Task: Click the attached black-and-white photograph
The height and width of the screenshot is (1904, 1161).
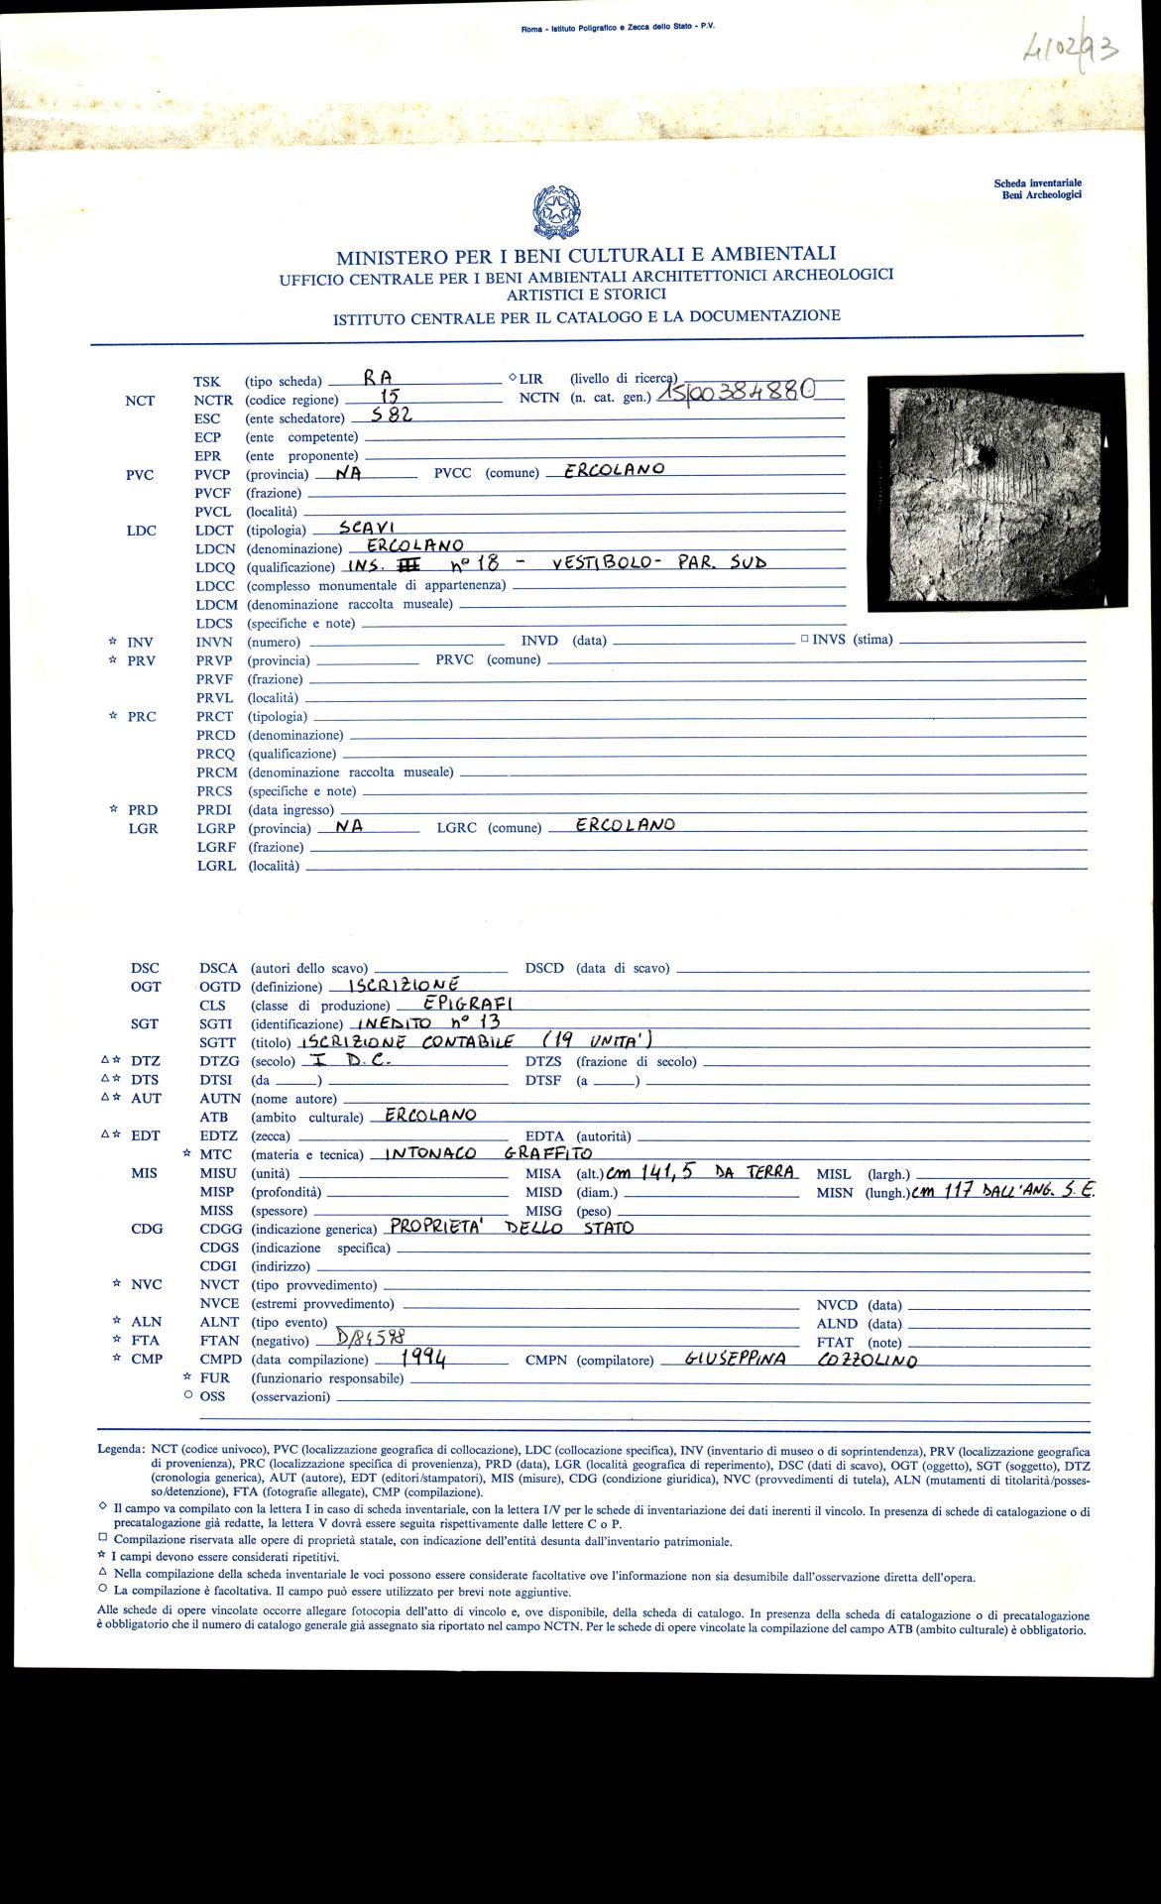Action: [x=996, y=492]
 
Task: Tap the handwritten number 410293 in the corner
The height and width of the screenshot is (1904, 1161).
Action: [x=1069, y=48]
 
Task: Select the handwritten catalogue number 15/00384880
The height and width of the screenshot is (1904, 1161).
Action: [x=743, y=394]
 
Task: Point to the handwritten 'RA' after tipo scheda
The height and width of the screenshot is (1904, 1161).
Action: [x=378, y=377]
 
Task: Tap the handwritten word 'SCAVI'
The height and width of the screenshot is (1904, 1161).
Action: [x=367, y=528]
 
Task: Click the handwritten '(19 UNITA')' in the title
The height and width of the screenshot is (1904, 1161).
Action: [x=597, y=1040]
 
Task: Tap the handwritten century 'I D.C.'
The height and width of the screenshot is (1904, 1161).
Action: [x=353, y=1059]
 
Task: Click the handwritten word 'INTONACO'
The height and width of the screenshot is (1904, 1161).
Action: [x=430, y=1153]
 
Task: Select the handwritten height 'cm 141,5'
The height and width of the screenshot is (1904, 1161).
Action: [x=649, y=1172]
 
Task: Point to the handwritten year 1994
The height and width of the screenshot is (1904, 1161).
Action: [x=423, y=1358]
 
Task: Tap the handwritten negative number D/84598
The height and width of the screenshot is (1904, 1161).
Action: [x=371, y=1338]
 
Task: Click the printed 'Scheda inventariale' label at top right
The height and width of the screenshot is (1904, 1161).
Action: [x=1037, y=183]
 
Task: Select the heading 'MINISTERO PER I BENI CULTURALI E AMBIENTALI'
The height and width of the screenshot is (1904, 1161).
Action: [x=585, y=256]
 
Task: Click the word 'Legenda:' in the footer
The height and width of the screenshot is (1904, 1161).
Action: [x=120, y=1449]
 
